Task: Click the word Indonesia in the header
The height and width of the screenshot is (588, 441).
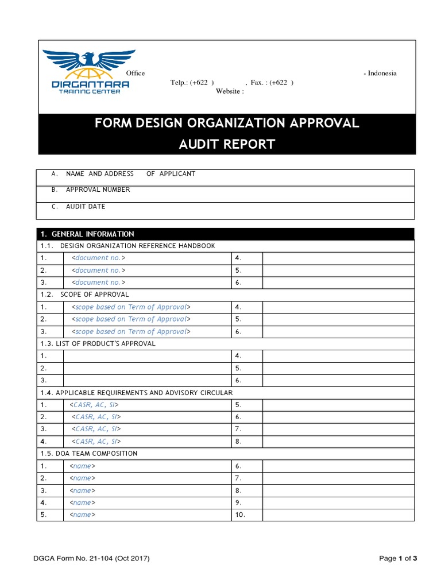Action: (x=382, y=73)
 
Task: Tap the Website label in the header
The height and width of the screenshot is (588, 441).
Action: (x=230, y=91)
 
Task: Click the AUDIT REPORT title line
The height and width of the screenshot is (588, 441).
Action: (x=227, y=144)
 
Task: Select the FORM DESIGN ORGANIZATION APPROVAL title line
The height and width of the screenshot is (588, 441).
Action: (x=227, y=123)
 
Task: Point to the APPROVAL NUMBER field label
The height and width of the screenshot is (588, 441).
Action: (x=98, y=190)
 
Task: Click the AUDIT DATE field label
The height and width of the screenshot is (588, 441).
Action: (x=86, y=207)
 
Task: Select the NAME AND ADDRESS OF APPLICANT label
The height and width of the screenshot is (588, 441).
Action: (x=130, y=174)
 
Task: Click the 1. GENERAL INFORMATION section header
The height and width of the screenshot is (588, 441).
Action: (x=87, y=234)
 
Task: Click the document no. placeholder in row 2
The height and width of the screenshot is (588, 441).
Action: (x=98, y=270)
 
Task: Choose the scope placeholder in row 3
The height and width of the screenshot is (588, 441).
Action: (x=131, y=332)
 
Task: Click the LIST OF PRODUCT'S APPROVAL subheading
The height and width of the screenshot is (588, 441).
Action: (x=98, y=344)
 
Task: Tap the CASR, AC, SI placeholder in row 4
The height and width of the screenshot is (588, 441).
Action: (x=96, y=442)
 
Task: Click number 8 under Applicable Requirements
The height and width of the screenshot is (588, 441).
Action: (x=239, y=442)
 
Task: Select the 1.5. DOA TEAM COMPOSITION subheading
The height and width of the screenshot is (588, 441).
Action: (x=89, y=454)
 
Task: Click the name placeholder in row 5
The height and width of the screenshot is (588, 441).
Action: (x=82, y=515)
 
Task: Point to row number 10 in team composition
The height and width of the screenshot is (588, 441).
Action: (x=240, y=515)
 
